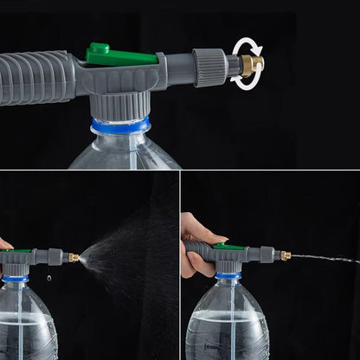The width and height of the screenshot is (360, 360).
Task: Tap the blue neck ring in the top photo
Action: (122, 125)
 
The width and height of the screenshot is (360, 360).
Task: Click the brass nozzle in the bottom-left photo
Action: (74, 257)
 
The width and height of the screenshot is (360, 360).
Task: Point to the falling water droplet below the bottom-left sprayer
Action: (48, 278)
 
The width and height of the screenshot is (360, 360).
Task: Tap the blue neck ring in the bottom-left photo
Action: (15, 279)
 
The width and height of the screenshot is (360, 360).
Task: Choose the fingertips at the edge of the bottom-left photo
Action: (4, 244)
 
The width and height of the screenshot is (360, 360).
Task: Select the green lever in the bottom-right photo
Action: (228, 247)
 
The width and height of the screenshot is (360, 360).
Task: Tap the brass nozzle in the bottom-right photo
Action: (285, 255)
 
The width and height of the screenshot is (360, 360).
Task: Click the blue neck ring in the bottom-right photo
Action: (228, 275)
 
